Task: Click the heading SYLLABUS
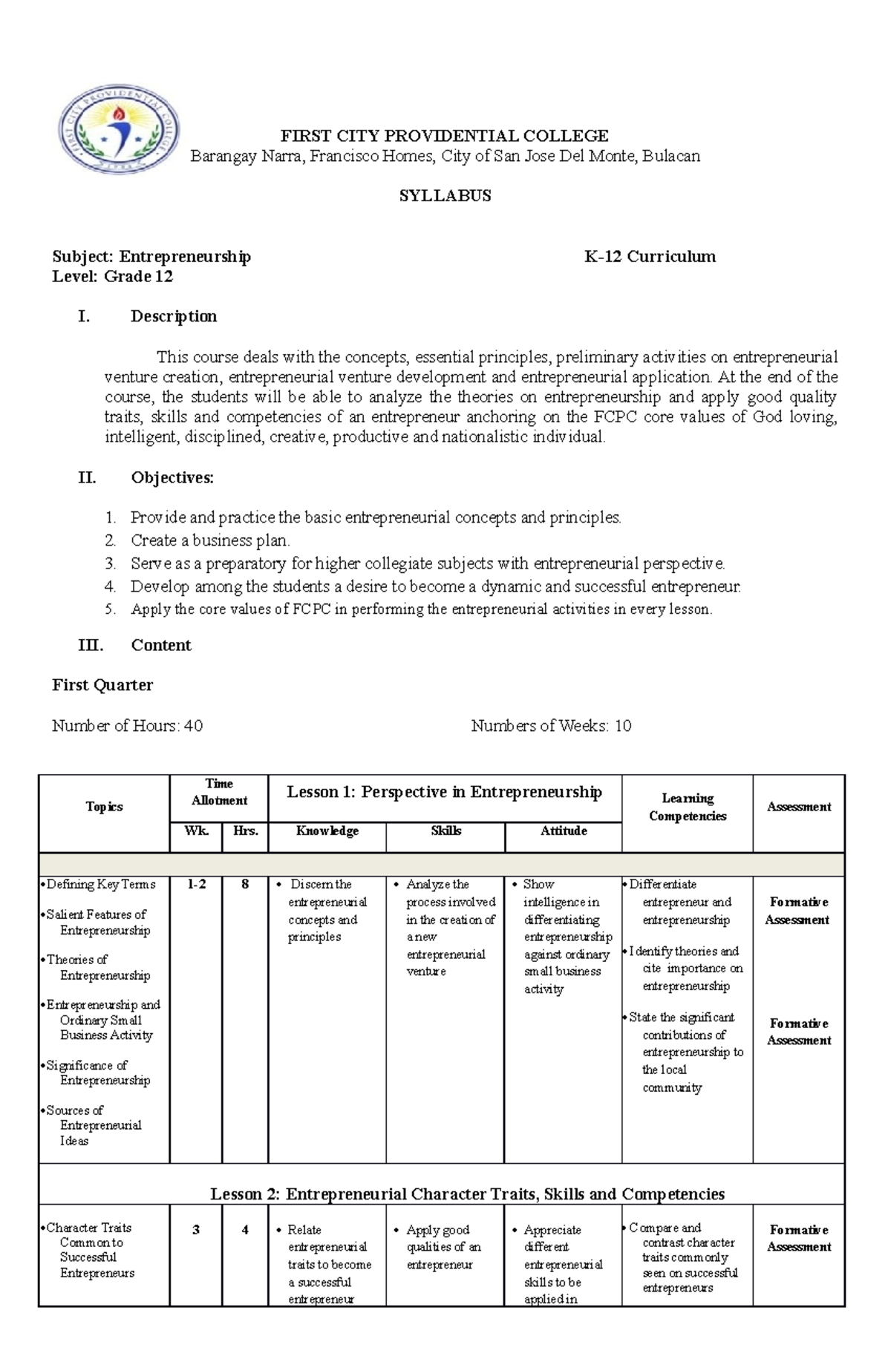coord(445,196)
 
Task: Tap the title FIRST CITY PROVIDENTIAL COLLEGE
coord(444,136)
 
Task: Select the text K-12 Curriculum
coord(650,257)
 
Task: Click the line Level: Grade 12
coord(112,277)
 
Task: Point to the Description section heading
coord(174,316)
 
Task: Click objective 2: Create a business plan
coord(210,540)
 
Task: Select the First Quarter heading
coord(102,685)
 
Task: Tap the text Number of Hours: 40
coord(127,726)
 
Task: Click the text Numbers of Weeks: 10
coord(551,726)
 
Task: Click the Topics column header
coord(104,807)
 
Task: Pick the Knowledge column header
coord(327,831)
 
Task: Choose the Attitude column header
coord(563,831)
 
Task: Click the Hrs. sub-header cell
coord(245,831)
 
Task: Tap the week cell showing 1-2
coord(196,885)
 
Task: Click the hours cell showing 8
coord(245,885)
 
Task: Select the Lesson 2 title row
coord(467,1194)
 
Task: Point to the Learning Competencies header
coord(687,808)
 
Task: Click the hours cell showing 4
coord(245,1230)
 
